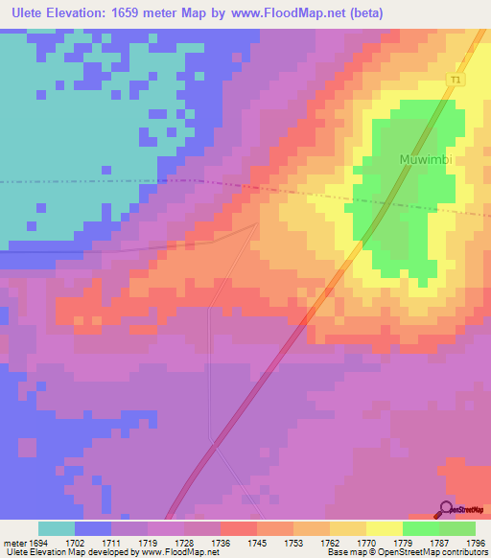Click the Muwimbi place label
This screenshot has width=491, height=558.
(x=425, y=160)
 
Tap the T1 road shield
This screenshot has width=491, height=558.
(x=455, y=81)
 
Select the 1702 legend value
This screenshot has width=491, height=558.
(x=73, y=543)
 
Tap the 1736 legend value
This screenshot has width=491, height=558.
(x=219, y=543)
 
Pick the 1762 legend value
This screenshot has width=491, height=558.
(x=329, y=543)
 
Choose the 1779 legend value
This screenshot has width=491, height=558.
(x=401, y=543)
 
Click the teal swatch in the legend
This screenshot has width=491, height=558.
(x=57, y=528)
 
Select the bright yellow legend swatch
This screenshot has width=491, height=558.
(x=384, y=528)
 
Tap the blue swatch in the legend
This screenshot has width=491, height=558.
(x=93, y=528)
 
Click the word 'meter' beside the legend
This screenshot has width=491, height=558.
(x=13, y=543)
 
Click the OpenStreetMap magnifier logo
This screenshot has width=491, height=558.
(x=445, y=509)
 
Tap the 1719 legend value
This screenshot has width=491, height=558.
(x=146, y=543)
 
